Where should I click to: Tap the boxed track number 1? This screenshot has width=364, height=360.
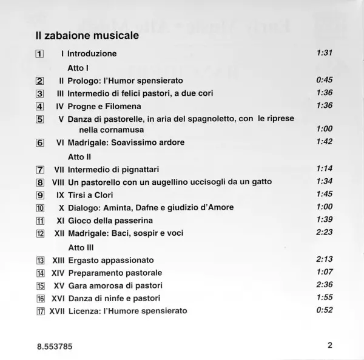39,54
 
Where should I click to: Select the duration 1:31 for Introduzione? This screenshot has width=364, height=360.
325,53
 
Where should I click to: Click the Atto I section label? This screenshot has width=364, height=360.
79,67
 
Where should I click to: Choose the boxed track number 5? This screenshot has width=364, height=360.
39,119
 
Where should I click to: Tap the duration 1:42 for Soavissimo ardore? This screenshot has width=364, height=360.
325,142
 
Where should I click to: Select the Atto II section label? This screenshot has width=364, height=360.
80,156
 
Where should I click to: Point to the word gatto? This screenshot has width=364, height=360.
258,182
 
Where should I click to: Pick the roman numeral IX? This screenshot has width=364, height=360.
59,195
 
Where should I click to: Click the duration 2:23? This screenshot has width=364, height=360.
325,233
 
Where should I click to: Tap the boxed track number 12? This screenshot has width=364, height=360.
39,233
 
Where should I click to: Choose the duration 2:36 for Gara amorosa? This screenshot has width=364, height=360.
325,284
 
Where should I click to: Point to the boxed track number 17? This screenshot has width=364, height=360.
39,311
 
